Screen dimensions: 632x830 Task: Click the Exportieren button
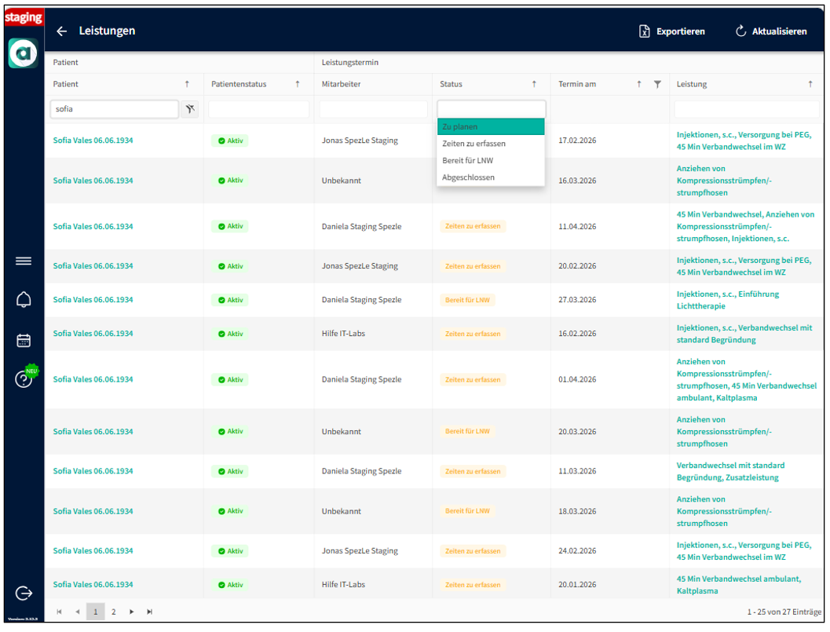point(672,31)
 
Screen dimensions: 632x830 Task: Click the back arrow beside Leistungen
point(62,31)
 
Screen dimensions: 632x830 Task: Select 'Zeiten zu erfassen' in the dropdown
point(474,144)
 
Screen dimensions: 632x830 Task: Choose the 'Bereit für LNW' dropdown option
point(467,161)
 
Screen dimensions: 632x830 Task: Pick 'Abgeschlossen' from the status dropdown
point(468,177)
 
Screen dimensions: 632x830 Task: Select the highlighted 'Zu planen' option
point(460,126)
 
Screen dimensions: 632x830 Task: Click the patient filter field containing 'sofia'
point(114,109)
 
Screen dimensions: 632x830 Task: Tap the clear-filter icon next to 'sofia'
point(189,109)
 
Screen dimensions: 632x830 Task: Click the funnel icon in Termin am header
point(657,84)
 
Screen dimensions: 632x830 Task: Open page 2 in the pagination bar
point(113,612)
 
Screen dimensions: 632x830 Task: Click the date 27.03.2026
point(577,300)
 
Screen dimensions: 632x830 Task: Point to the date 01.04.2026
point(577,379)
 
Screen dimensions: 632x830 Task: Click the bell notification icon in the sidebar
point(24,299)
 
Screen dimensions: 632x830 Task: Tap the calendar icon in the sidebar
point(24,340)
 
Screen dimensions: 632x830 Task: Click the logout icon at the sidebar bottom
point(24,594)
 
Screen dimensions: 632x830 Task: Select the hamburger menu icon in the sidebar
point(24,261)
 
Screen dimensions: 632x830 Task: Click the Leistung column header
point(692,84)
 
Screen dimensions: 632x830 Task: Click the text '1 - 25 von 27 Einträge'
point(784,612)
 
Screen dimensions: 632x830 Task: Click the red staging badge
point(24,17)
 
